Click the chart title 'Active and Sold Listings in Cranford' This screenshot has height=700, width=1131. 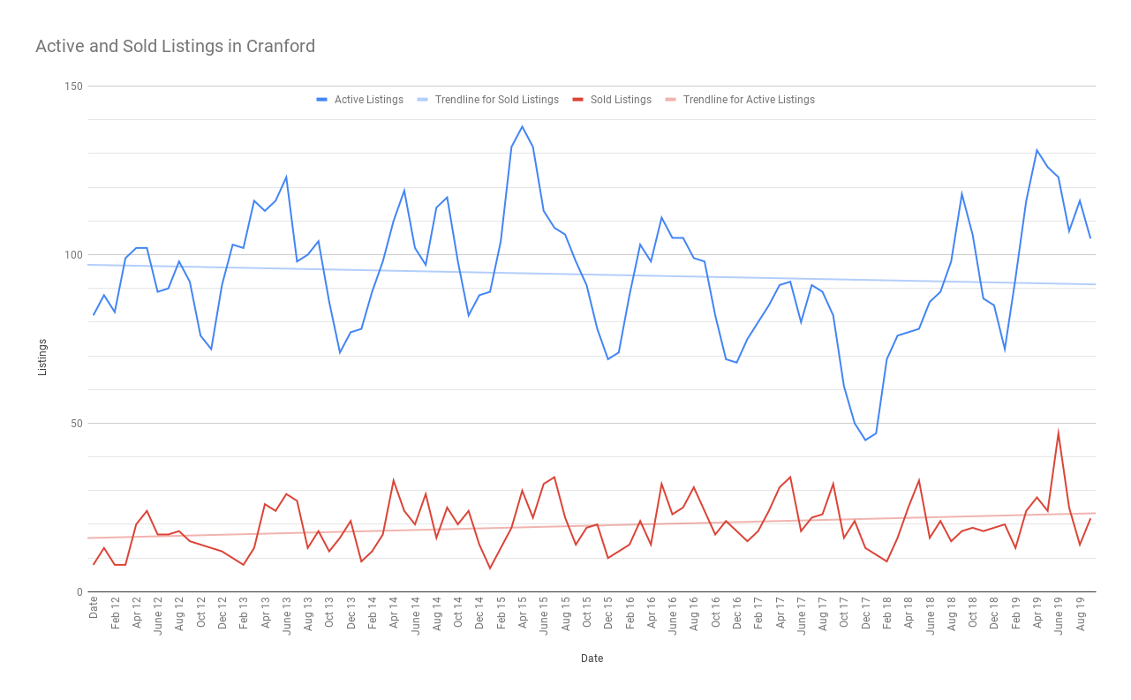click(175, 47)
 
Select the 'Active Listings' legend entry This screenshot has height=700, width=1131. click(368, 100)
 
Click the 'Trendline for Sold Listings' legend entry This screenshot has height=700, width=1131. click(496, 100)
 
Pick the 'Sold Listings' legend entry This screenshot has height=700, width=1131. click(621, 100)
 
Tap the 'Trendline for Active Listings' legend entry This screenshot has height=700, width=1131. click(748, 100)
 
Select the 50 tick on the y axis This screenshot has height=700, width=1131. click(75, 424)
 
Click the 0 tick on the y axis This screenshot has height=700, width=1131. click(78, 592)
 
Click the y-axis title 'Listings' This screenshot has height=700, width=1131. click(42, 357)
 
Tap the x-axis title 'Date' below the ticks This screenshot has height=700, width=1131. click(592, 659)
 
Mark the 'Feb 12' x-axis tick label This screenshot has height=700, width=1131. click(116, 613)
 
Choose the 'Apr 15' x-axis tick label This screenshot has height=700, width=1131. click(523, 613)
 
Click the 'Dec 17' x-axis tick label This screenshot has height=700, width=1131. click(865, 613)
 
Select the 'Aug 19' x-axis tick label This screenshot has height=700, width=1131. click(1080, 613)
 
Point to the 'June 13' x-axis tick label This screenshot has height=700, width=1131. click(287, 614)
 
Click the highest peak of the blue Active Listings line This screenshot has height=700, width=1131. click(522, 126)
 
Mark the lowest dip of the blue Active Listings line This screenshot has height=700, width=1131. click(865, 440)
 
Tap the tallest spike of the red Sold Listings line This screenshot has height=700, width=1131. click(1058, 433)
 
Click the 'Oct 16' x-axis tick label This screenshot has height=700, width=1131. click(715, 613)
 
